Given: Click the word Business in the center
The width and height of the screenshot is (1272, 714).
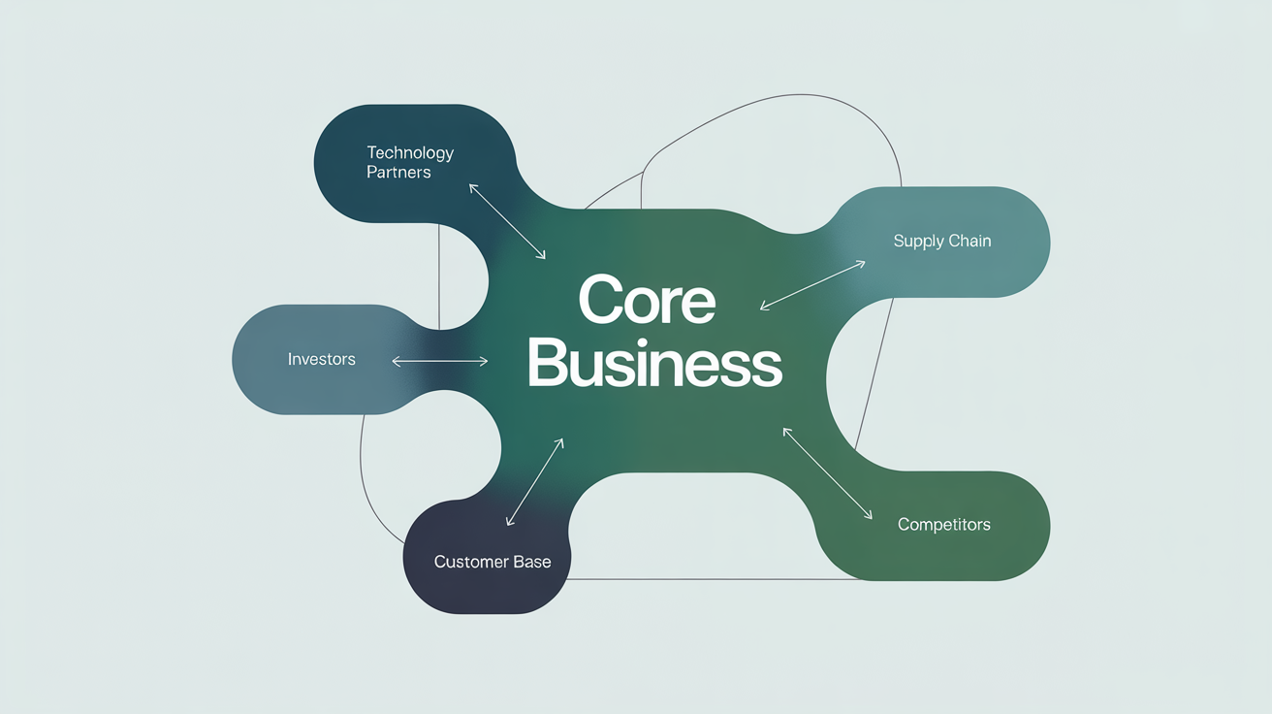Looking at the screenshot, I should [653, 365].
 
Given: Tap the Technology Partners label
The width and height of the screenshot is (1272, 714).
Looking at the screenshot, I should [410, 162].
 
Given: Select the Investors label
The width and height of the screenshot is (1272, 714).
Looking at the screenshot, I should [322, 359].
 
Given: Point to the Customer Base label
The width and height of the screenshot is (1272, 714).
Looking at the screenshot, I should [493, 562].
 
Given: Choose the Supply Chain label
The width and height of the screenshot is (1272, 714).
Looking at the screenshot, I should [942, 241].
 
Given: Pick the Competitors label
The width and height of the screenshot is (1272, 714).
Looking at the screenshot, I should [944, 525].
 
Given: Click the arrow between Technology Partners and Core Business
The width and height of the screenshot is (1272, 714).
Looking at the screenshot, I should [507, 220].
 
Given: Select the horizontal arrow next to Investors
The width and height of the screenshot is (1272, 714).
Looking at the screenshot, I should [439, 361].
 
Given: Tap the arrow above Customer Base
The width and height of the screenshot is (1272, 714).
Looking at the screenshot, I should [535, 482].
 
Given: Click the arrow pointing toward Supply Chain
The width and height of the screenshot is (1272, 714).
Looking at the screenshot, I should [812, 284].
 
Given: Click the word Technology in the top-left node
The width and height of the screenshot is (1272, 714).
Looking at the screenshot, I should [410, 152].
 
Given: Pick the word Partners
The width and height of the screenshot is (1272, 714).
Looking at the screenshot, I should [398, 173].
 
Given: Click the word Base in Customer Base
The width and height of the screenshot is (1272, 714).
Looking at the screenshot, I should [531, 562].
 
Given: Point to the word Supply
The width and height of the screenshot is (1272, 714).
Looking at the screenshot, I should [918, 242].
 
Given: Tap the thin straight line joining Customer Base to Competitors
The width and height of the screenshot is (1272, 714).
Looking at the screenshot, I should [698, 579].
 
